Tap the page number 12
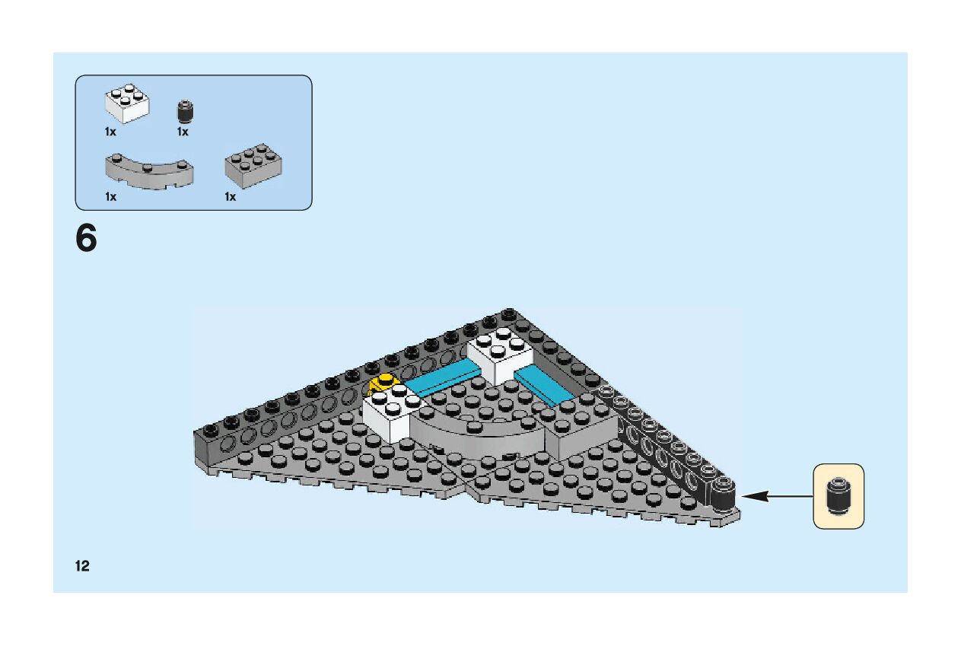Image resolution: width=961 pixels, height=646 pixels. pyautogui.click(x=82, y=565)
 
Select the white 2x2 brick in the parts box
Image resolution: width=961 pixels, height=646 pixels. pyautogui.click(x=126, y=103)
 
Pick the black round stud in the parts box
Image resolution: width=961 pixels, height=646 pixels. pyautogui.click(x=183, y=112)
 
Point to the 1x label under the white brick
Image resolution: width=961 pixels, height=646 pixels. pyautogui.click(x=110, y=132)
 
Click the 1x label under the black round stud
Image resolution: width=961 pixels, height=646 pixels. pyautogui.click(x=183, y=132)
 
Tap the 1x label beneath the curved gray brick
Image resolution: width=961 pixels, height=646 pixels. pyautogui.click(x=110, y=197)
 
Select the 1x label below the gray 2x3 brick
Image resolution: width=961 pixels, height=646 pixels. pyautogui.click(x=230, y=197)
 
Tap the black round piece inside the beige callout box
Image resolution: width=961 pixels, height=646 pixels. pyautogui.click(x=838, y=496)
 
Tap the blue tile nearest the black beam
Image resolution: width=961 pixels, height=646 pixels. pyautogui.click(x=544, y=387)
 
